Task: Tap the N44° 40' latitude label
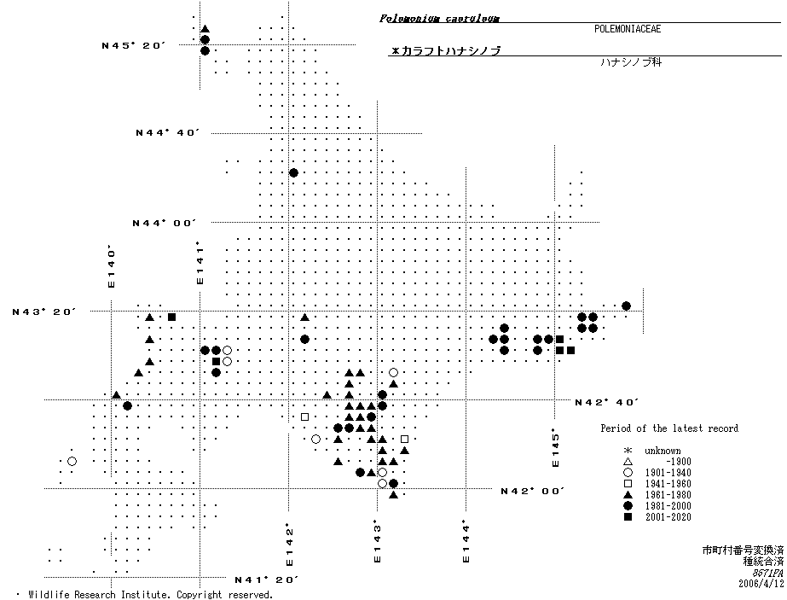pyautogui.click(x=167, y=132)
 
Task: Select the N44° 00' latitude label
pyautogui.click(x=163, y=223)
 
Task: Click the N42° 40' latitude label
pyautogui.click(x=606, y=402)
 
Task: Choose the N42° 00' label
pyautogui.click(x=532, y=491)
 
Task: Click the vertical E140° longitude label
pyautogui.click(x=111, y=267)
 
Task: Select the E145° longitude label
pyautogui.click(x=554, y=447)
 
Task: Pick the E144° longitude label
pyautogui.click(x=466, y=541)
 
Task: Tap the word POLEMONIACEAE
pyautogui.click(x=628, y=29)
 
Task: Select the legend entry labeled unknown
pyautogui.click(x=663, y=451)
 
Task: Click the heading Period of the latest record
pyautogui.click(x=669, y=428)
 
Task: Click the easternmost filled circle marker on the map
pyautogui.click(x=626, y=306)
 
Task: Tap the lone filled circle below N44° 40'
pyautogui.click(x=293, y=172)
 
